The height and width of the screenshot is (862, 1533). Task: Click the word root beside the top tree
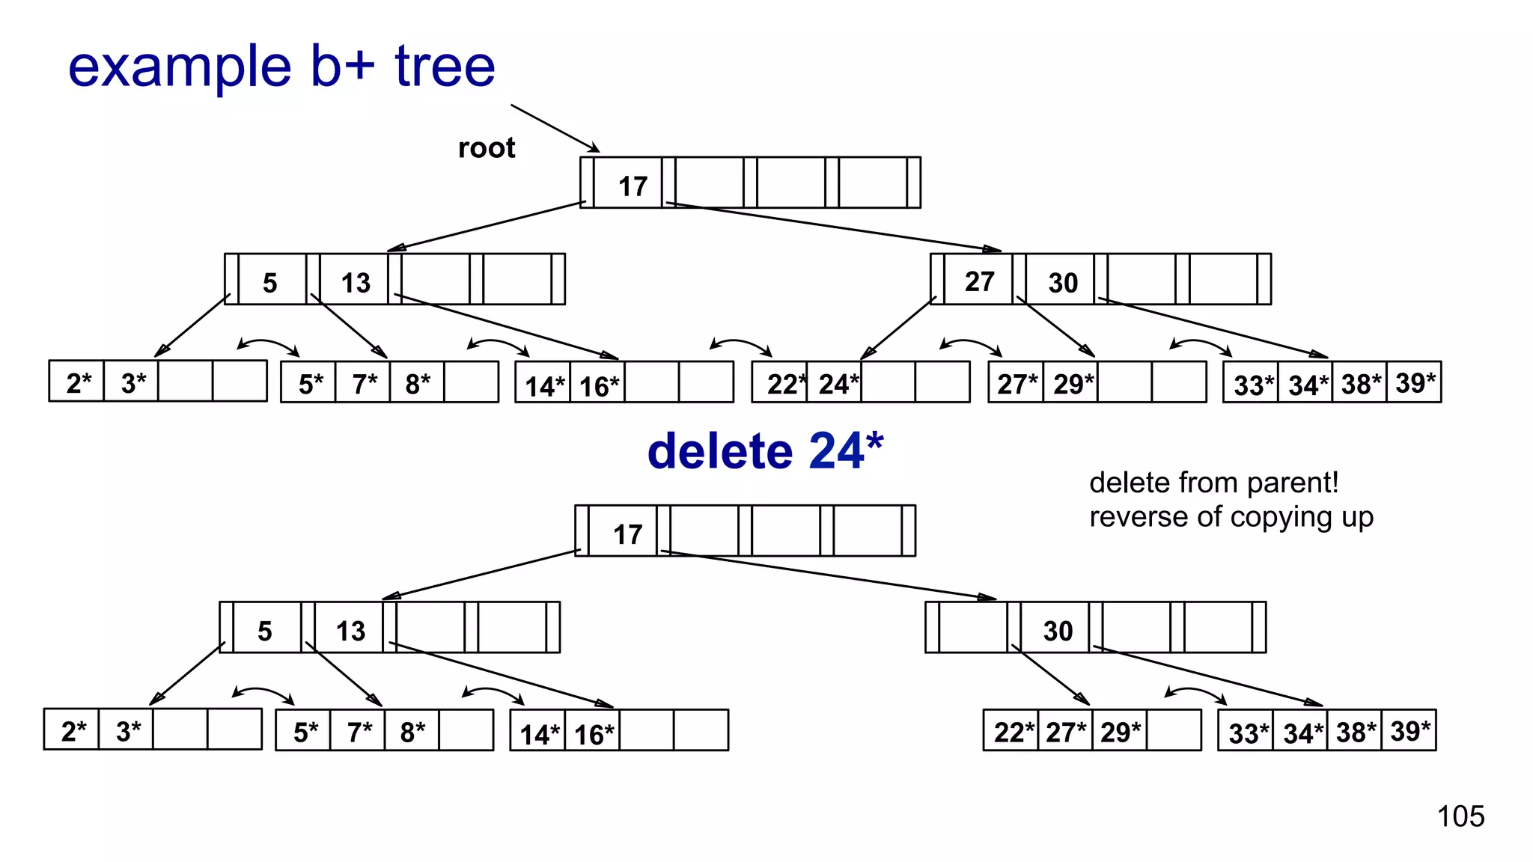[x=487, y=148]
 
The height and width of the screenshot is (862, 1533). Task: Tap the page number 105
[x=1460, y=816]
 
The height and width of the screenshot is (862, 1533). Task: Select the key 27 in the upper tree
[x=979, y=281]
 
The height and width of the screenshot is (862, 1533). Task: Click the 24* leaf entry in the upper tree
[x=838, y=384]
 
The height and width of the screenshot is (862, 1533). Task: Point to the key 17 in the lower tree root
[x=627, y=534]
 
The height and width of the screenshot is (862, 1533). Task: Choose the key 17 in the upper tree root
[x=633, y=186]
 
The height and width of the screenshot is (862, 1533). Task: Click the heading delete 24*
[x=765, y=451]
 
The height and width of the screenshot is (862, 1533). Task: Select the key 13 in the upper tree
[x=356, y=283]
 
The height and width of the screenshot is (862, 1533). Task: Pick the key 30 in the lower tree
[x=1058, y=631]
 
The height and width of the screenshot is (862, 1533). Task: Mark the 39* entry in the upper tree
[x=1415, y=382]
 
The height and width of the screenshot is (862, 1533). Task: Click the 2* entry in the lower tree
[x=73, y=731]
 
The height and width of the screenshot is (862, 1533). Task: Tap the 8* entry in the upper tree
[x=417, y=384]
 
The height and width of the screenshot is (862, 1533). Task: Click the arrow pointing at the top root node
[x=554, y=128]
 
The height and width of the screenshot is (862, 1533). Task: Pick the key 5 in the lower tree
[x=264, y=631]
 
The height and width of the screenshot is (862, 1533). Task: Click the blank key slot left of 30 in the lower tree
[x=972, y=627]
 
